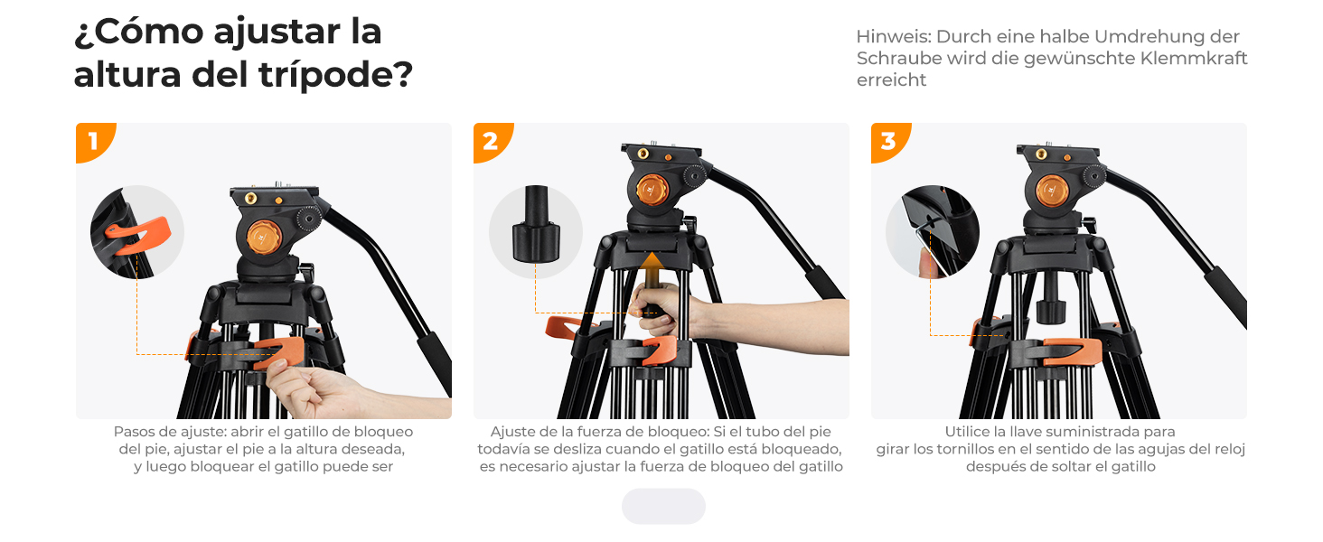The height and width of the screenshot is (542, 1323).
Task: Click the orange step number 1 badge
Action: [x=92, y=141]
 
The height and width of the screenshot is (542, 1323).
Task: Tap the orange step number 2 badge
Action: [x=490, y=141]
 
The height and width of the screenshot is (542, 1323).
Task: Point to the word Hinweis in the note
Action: [x=894, y=37]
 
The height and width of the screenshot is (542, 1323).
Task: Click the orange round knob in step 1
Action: [x=264, y=238]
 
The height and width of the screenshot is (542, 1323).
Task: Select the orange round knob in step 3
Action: [x=1051, y=191]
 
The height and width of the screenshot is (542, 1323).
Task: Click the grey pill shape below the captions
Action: [x=663, y=506]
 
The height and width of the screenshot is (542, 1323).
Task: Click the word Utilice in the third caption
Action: [x=967, y=432]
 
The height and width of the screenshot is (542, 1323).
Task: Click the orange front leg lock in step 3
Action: [x=1071, y=351]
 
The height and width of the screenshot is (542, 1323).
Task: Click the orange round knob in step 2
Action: [x=652, y=191]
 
